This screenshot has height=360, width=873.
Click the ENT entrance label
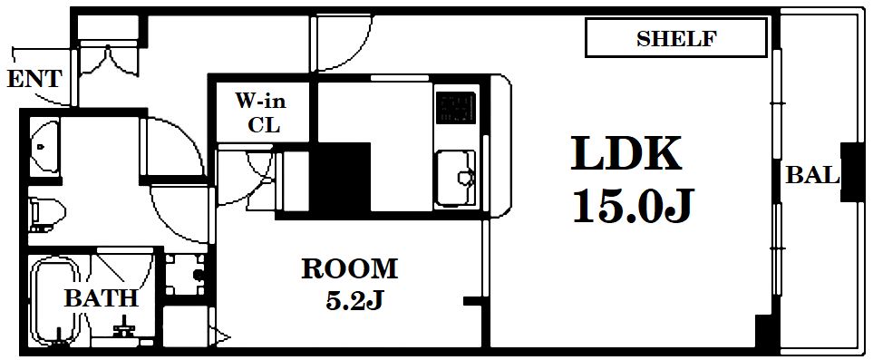[x=34, y=79]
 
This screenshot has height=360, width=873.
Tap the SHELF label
[x=676, y=38]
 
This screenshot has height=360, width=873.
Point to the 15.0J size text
[x=634, y=205]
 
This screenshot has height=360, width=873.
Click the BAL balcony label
[x=811, y=176]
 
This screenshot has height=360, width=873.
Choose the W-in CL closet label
[x=260, y=112]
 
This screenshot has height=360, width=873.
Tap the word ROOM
[x=350, y=269]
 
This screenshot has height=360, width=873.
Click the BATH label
[x=101, y=298]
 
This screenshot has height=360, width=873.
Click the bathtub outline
[x=55, y=301]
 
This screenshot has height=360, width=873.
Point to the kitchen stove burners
[x=456, y=108]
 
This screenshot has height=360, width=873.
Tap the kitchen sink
[x=455, y=177]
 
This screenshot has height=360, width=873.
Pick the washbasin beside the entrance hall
[x=44, y=146]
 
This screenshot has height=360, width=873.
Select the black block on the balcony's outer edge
[x=850, y=172]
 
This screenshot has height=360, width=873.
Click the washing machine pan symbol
[x=185, y=275]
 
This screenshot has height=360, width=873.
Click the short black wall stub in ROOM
[x=471, y=301]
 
